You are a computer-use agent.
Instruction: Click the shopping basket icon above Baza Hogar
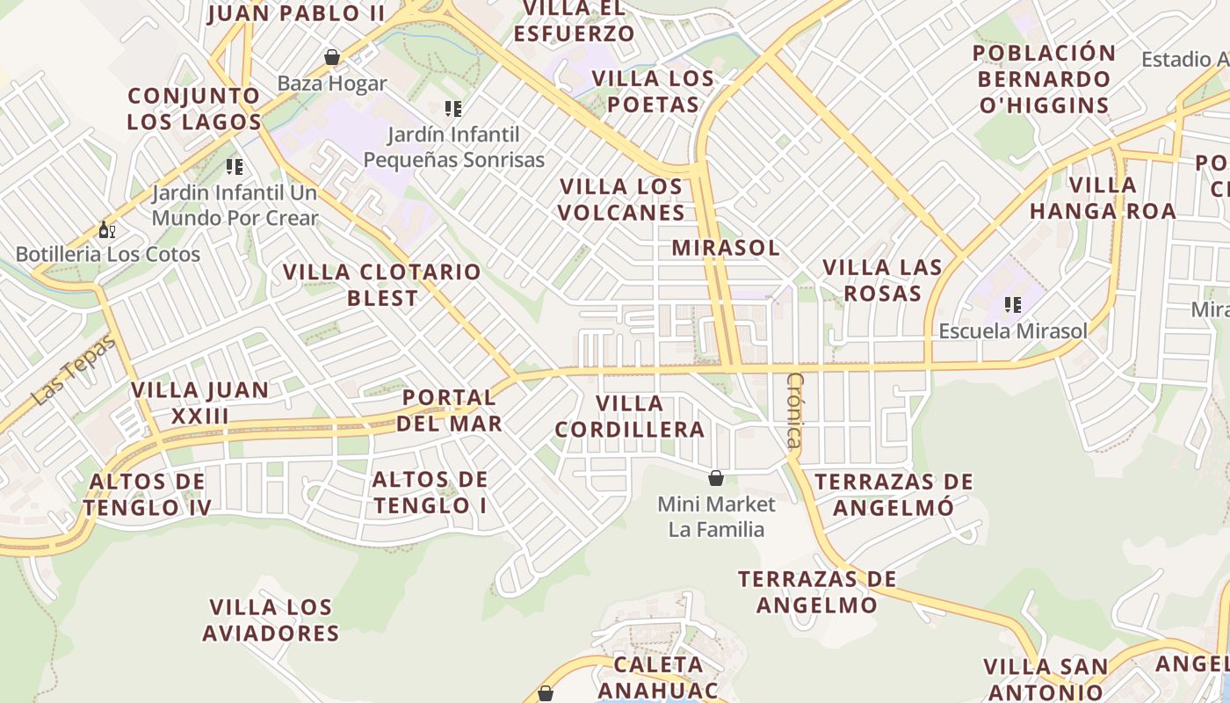click(332, 58)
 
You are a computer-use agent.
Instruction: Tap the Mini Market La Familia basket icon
click(716, 478)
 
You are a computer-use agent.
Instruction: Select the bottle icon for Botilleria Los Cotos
click(107, 230)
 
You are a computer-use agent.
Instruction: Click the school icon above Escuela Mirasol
click(1013, 306)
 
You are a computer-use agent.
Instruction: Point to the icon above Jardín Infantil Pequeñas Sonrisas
click(453, 109)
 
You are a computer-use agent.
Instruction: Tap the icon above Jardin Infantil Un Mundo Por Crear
click(234, 166)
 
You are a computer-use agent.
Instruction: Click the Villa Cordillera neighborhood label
click(630, 417)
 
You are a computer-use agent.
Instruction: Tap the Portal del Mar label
click(449, 410)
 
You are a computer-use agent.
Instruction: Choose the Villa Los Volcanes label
click(622, 199)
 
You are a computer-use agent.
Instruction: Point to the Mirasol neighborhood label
click(726, 248)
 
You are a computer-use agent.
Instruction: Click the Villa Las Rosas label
click(882, 280)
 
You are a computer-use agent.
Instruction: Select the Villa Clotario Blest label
click(382, 285)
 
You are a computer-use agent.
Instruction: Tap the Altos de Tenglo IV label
click(148, 495)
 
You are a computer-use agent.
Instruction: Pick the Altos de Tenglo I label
click(430, 492)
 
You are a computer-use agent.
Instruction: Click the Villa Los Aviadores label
click(271, 620)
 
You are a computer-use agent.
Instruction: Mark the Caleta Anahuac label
click(658, 677)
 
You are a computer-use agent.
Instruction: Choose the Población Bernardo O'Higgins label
click(1044, 79)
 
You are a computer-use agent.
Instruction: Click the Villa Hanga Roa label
click(1103, 198)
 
